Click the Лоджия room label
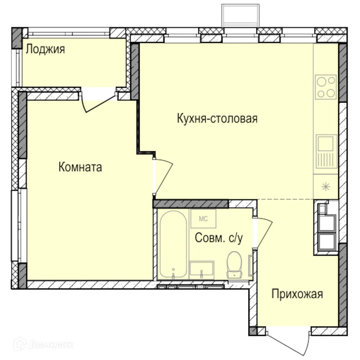45,49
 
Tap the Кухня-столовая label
217,118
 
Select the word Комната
80,167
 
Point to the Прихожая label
297,294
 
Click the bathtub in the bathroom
173,245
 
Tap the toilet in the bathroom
234,265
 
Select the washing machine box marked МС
203,218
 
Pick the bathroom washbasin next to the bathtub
202,270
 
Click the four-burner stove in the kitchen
326,87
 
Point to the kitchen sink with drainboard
327,152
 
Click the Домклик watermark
45,345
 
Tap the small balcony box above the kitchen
240,15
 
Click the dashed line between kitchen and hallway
284,199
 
